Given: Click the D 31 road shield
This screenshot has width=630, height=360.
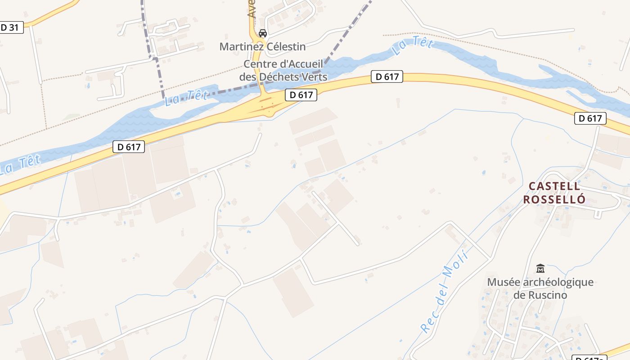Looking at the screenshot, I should point(10,27).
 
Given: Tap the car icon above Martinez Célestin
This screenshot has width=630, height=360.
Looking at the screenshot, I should point(263,33).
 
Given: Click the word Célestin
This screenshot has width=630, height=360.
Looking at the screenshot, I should point(285,46).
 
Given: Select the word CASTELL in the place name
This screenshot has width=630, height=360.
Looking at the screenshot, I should point(554,186).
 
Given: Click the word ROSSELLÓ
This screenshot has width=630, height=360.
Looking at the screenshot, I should point(554,199).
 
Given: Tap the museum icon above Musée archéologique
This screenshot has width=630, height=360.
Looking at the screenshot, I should point(540,269).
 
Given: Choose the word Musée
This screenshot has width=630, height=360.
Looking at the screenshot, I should point(504,282).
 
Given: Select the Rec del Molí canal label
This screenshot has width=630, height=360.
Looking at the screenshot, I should point(445,292).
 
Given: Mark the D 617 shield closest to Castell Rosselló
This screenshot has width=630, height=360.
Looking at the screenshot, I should point(590,118).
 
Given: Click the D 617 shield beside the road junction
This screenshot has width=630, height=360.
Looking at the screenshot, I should point(301,95).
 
